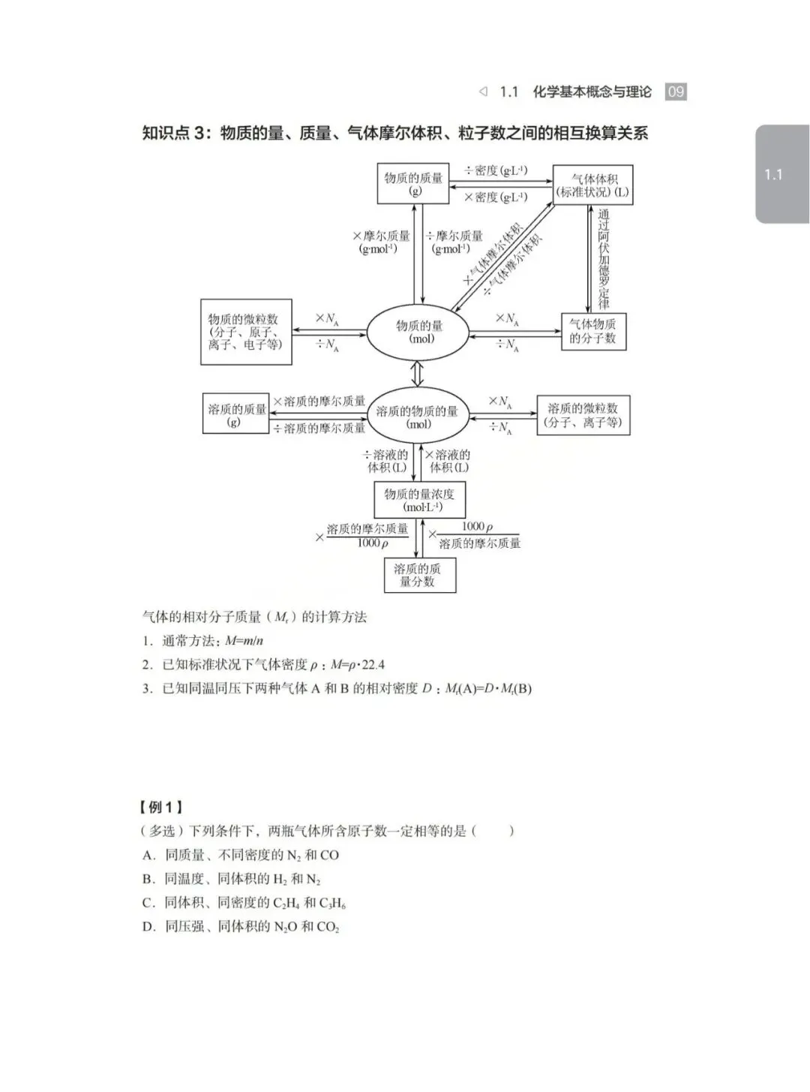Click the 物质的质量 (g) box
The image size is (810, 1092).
413,184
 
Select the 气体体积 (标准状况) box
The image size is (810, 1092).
592,185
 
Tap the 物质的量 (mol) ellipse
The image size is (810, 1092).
418,332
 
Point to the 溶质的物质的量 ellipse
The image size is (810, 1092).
417,417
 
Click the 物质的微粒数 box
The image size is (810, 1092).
246,332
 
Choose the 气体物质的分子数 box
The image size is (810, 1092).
593,331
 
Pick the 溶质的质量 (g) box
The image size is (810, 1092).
235,414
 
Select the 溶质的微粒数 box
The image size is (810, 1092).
583,415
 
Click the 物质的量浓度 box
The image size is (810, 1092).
418,500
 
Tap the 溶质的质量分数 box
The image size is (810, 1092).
419,575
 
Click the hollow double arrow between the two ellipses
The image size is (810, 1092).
418,373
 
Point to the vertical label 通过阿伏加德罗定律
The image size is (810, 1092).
604,259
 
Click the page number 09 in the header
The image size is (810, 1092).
676,92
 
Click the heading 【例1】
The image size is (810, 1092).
160,808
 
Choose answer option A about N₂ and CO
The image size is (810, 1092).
241,855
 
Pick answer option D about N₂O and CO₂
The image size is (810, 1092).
241,927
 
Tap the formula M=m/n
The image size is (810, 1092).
244,641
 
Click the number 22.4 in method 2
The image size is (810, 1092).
373,665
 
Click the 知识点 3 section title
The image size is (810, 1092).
394,134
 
